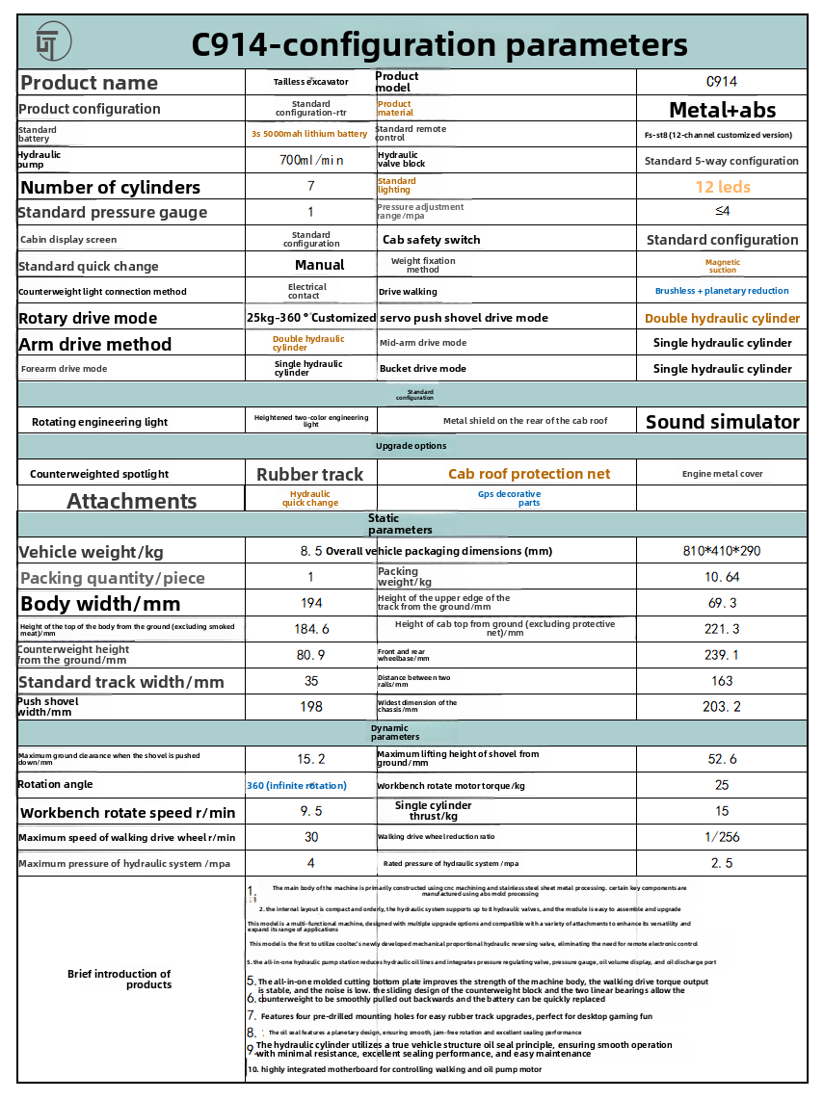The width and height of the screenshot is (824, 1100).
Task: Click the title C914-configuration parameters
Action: point(439,44)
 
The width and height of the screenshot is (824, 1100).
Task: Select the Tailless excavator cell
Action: point(310,82)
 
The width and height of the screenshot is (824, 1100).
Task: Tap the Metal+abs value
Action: point(722,110)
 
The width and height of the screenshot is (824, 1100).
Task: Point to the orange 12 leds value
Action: point(722,187)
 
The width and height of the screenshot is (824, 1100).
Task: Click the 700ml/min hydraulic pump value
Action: point(310,161)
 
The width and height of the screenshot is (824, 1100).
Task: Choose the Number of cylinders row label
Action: point(110,188)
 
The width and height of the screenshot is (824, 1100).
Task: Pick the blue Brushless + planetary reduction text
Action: point(722,291)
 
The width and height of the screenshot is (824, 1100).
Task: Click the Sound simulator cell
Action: point(722,422)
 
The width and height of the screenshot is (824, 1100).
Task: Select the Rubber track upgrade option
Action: point(310,474)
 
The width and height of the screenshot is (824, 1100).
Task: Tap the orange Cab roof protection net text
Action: point(529,474)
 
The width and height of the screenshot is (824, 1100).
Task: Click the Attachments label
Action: point(131,501)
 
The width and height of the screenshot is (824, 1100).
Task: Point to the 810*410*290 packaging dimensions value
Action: point(722,552)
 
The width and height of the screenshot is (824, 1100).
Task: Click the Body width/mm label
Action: point(100,604)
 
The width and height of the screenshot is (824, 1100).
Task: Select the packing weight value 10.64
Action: point(722,577)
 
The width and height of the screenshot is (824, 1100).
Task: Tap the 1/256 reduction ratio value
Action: point(722,837)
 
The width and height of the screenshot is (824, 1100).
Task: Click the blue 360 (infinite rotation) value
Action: point(297,786)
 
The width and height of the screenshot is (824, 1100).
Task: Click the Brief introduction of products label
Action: point(120,980)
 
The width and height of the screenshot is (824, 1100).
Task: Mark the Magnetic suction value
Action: point(722,266)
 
